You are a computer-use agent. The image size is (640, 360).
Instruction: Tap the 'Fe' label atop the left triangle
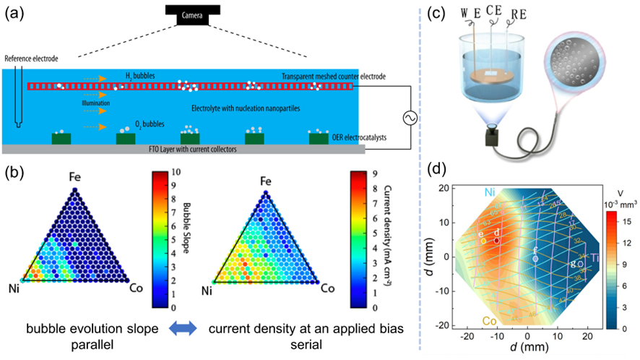pyautogui.click(x=74, y=177)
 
